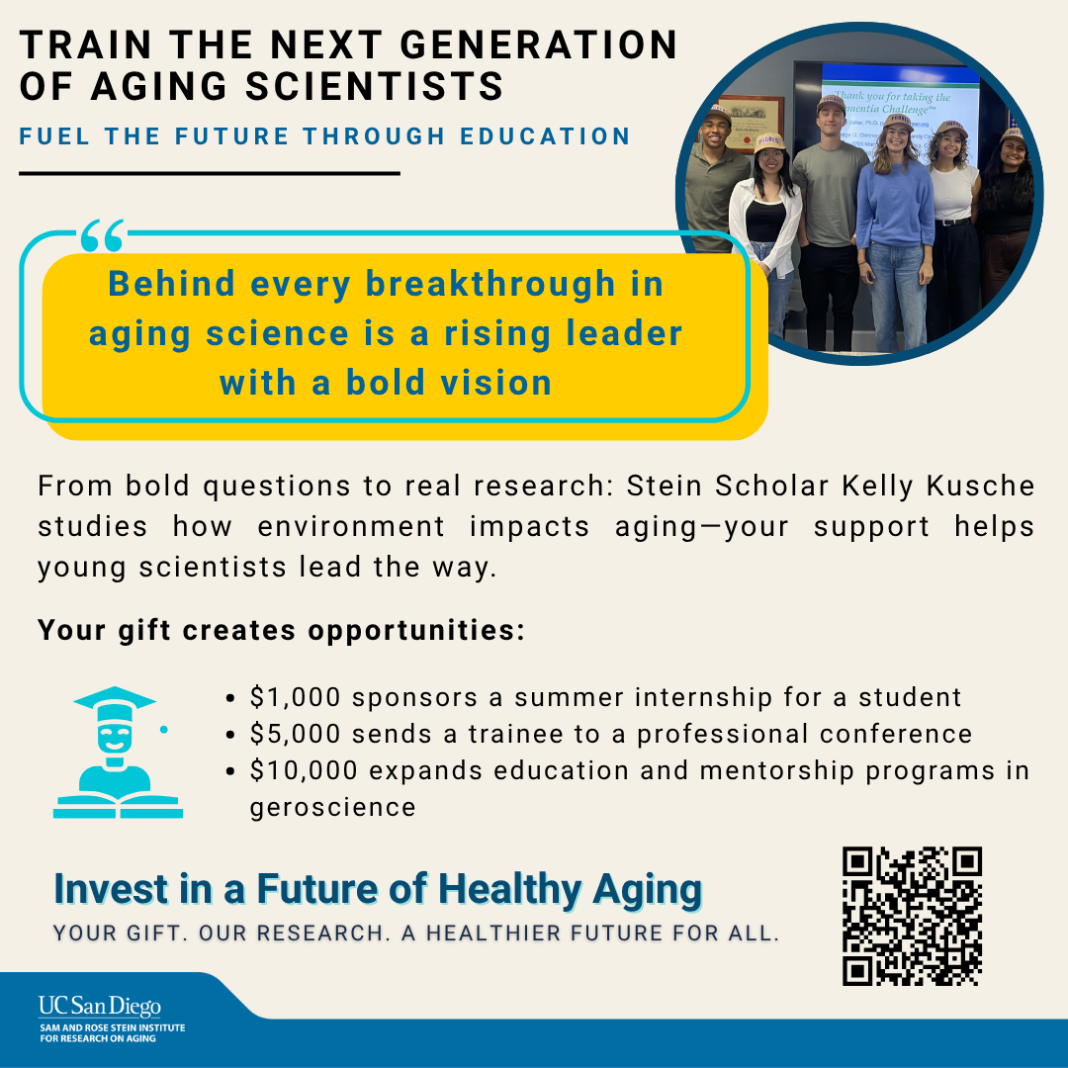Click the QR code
[x=912, y=917]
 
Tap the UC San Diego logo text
[x=99, y=1007]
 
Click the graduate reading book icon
[x=117, y=753]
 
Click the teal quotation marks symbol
[x=102, y=236]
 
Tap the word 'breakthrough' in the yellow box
[x=490, y=284]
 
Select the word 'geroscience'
[x=332, y=807]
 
